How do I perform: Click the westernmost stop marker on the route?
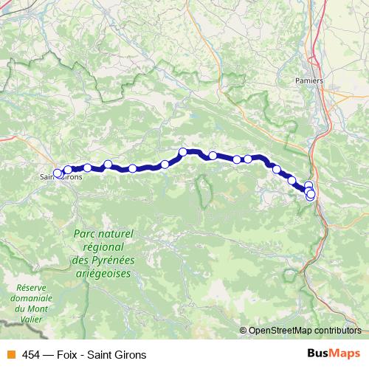58,173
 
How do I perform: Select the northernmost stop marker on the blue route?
183,152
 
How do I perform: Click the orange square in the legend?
10,354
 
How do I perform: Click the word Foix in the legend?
68,354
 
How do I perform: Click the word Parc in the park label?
86,233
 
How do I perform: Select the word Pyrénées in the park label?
110,260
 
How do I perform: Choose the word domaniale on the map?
31,299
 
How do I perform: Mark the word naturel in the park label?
116,233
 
